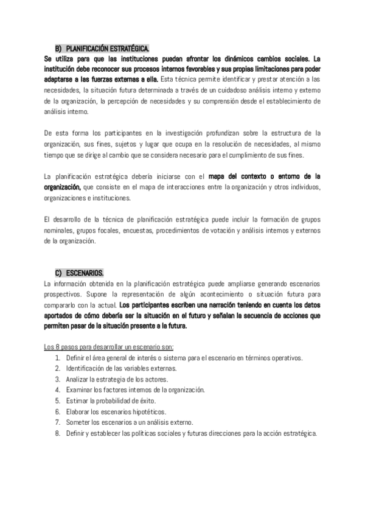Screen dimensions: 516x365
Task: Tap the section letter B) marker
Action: coord(59,48)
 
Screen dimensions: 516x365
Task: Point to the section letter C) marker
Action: coord(59,273)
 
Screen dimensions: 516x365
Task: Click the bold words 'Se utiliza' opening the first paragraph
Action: coord(59,59)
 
